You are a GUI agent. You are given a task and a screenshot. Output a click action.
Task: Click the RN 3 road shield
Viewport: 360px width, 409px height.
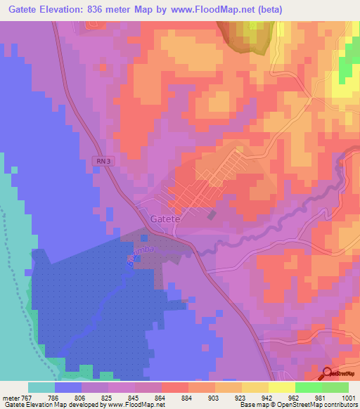pos(103,162)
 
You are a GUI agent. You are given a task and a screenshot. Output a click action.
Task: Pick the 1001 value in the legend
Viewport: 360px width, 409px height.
pos(348,397)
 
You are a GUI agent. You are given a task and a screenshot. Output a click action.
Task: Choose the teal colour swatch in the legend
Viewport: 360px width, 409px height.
pos(41,387)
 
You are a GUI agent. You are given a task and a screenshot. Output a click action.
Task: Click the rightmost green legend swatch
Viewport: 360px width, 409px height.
pos(335,387)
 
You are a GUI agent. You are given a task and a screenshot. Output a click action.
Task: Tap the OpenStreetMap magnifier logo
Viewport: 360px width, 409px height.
pos(327,375)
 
